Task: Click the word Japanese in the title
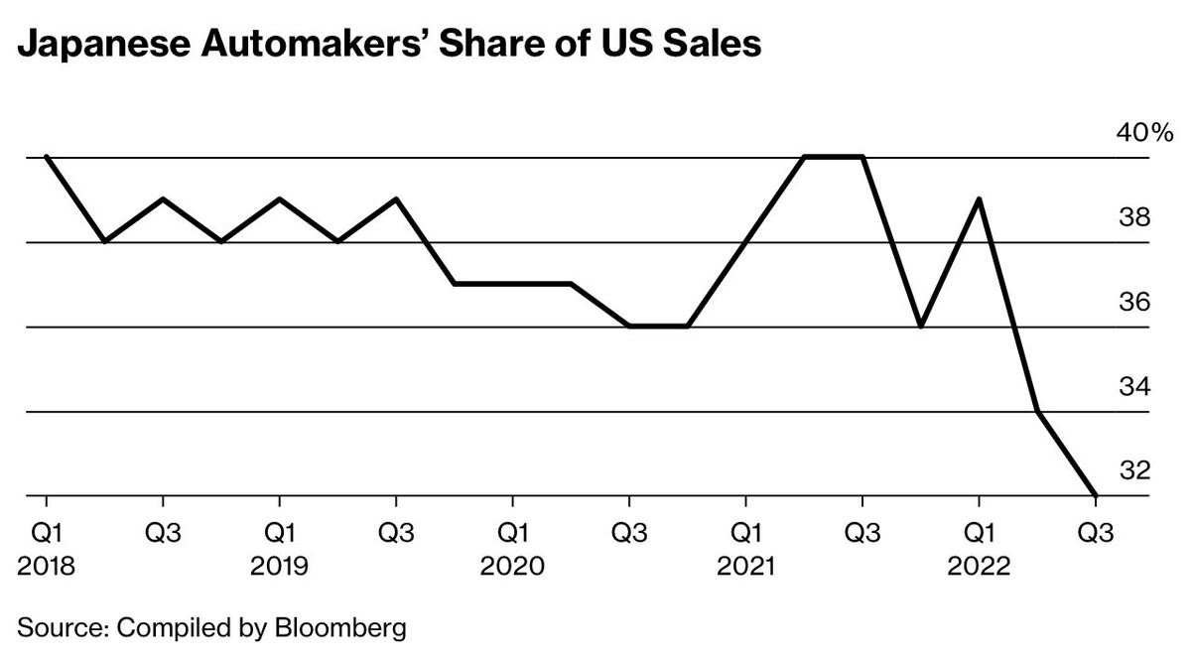(104, 45)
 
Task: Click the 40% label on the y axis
(1144, 132)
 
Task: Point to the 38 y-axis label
(1134, 217)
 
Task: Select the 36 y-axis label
(1134, 302)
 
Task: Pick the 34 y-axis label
(1134, 387)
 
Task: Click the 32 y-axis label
(1134, 470)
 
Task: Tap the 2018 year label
(46, 567)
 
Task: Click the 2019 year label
(279, 567)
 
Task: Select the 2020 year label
(512, 567)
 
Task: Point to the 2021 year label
(745, 567)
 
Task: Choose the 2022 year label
(979, 567)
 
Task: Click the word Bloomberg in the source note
(340, 628)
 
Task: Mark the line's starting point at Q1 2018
(47, 157)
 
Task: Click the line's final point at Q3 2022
(1095, 495)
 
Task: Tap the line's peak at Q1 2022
(979, 199)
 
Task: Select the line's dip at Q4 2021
(920, 326)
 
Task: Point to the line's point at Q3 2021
(861, 157)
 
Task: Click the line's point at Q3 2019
(396, 199)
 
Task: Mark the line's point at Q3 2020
(629, 326)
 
